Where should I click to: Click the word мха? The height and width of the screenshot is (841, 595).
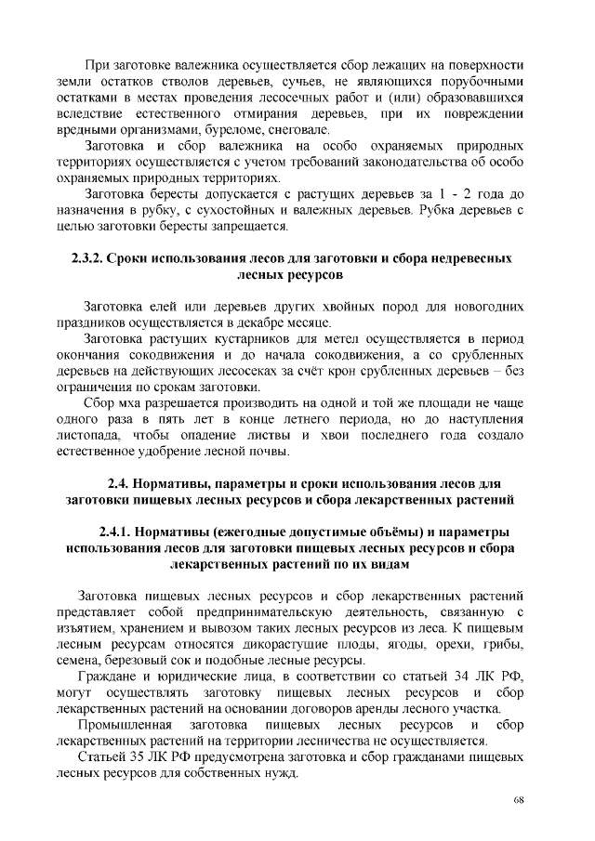(133, 403)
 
